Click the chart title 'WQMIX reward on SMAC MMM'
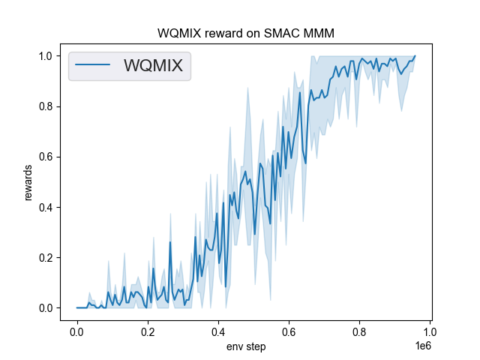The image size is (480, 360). [246, 34]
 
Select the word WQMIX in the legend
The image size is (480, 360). [153, 66]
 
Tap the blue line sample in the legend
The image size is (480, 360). [94, 66]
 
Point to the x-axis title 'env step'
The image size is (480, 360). [246, 346]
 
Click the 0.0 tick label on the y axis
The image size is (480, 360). [46, 308]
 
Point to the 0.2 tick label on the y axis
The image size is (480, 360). [46, 258]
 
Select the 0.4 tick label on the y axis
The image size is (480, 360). [46, 208]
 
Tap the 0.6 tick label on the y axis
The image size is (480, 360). [46, 157]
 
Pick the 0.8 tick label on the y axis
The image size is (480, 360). [46, 106]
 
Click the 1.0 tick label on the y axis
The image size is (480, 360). [46, 56]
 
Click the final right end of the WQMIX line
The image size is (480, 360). [415, 56]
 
